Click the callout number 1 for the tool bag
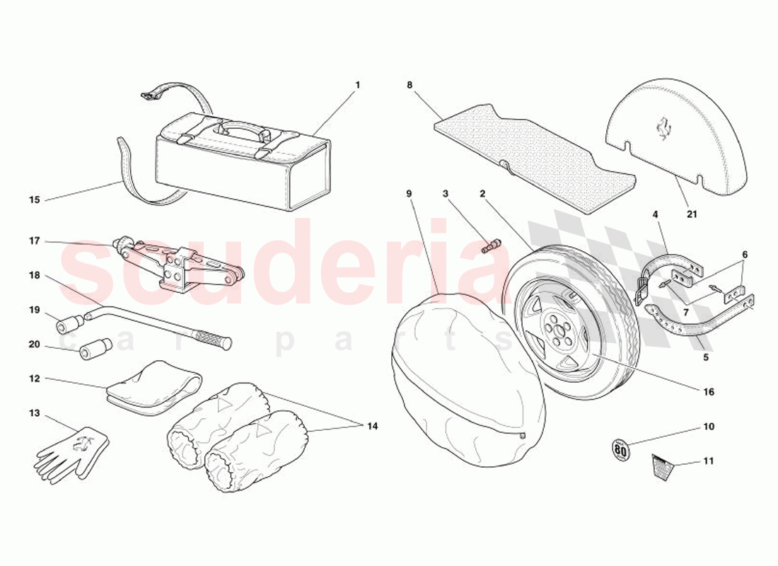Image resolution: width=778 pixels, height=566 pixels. [357, 85]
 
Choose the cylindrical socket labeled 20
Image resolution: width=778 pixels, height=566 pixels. [95, 350]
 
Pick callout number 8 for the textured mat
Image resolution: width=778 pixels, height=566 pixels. [409, 85]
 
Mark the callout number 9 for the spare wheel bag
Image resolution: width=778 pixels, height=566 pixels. [409, 192]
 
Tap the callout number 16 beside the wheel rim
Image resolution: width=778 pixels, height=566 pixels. [709, 391]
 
